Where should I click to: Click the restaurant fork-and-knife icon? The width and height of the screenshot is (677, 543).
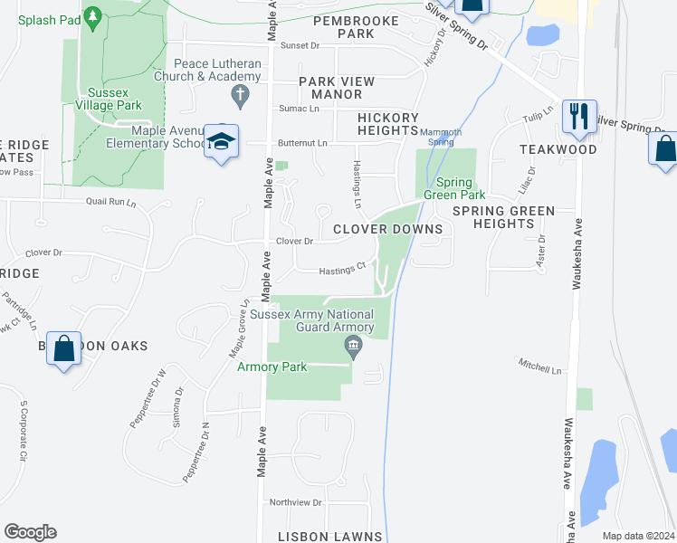coord(579,116)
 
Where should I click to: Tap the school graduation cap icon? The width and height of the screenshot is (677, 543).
coord(221,141)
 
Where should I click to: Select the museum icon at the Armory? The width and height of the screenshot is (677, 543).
coord(353,345)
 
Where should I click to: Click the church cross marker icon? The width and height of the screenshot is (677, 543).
coord(240,94)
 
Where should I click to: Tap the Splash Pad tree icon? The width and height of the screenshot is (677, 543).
coord(91,16)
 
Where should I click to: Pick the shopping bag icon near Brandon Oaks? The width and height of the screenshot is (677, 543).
coord(64,348)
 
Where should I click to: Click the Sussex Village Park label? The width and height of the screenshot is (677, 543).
coord(115,100)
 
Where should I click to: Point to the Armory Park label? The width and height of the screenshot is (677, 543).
coord(272,367)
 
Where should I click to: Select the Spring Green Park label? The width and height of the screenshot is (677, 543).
coord(454,188)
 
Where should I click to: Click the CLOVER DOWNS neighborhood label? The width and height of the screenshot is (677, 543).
coord(387,229)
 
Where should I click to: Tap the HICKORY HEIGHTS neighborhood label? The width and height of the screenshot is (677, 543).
coord(387,124)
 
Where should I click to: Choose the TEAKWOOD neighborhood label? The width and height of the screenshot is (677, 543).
coord(558,148)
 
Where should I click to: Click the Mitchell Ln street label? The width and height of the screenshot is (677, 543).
coord(539,368)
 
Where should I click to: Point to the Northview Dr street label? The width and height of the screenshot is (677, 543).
coord(295,502)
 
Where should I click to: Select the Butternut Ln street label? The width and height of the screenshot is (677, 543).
coord(302,143)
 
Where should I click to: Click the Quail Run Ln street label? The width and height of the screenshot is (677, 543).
coord(110,203)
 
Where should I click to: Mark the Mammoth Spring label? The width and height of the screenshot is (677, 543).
coord(441,138)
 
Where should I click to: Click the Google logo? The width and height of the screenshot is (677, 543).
coord(30,532)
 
